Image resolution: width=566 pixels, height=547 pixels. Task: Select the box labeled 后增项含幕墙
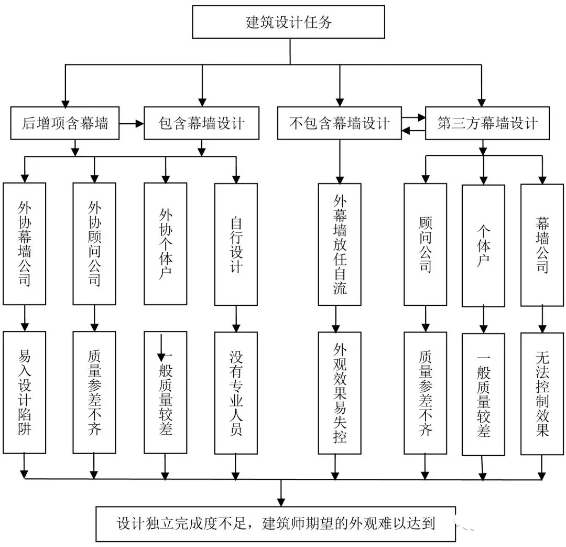tap(66, 123)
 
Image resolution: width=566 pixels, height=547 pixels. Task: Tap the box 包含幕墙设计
tap(201, 123)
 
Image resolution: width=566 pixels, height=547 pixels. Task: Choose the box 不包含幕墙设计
tap(339, 123)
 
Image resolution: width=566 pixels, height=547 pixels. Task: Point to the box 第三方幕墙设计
tap(487, 123)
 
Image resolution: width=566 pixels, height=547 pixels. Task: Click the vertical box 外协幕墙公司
tap(24, 243)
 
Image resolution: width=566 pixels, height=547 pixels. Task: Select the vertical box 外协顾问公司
tap(94, 243)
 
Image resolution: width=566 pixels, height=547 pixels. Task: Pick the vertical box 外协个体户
tap(165, 243)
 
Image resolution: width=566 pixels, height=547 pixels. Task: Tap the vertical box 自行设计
tap(236, 244)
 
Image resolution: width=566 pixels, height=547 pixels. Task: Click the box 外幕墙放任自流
tap(340, 244)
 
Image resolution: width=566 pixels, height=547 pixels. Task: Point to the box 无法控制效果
tap(542, 393)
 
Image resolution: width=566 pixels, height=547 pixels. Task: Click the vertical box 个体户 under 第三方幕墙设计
tap(483, 245)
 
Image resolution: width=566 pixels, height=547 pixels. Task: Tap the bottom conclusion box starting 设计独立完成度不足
tap(275, 523)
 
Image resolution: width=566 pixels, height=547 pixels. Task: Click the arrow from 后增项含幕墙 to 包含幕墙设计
tap(132, 124)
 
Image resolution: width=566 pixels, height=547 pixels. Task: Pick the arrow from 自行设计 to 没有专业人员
tap(236, 318)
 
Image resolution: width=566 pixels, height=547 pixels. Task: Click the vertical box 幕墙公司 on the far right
tap(542, 245)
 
